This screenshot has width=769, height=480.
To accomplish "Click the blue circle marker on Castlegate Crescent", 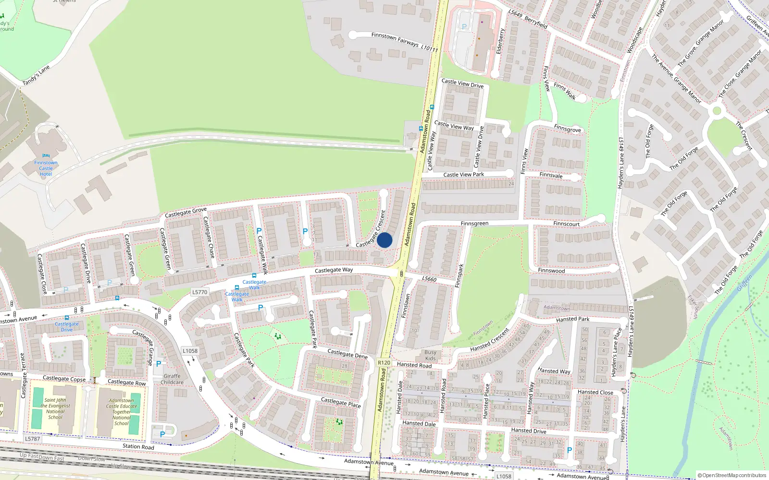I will point(384,240).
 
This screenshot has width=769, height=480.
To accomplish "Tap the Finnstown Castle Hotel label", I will point(46,168).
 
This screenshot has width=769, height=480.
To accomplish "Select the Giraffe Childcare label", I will point(172,379).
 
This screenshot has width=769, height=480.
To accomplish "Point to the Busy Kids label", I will point(431,355).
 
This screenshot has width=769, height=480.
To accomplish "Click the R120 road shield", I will point(384,363).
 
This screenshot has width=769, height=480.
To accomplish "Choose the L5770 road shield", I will point(199,292).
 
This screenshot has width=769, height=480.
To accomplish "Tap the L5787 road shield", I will point(33,439).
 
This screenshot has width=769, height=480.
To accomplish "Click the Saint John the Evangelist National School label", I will point(55,408).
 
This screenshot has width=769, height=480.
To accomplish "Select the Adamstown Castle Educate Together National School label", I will point(122,412).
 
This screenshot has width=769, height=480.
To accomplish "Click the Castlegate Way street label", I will point(334,270).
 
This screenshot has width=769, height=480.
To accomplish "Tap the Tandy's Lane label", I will point(36,76).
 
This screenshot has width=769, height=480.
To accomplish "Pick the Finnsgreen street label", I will point(474,224).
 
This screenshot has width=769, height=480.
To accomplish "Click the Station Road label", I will point(138,446).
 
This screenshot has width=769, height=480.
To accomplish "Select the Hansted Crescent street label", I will point(490,339).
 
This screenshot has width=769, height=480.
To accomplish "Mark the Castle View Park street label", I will point(463,175).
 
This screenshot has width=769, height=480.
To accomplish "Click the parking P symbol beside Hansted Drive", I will point(570,450).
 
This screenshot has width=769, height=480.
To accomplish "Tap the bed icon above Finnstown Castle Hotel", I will point(46,156).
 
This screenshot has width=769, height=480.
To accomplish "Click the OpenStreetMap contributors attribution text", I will point(732,475).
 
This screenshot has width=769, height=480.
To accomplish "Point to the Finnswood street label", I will point(551,271).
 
